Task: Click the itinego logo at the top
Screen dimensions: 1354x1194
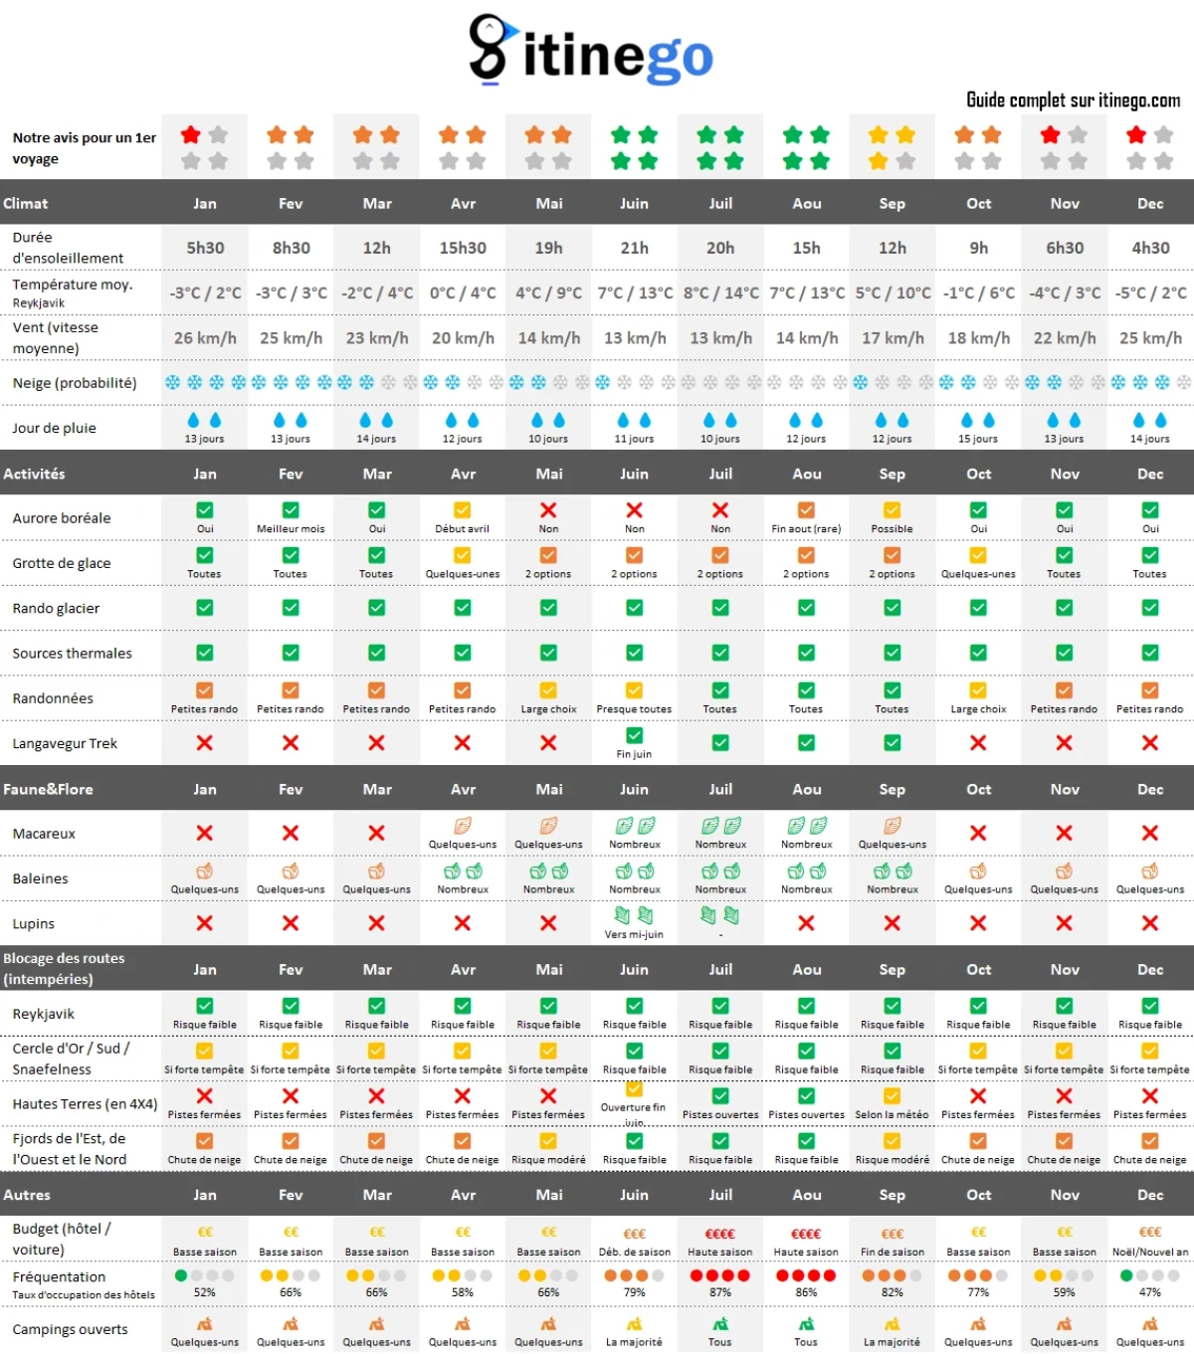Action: coord(591,52)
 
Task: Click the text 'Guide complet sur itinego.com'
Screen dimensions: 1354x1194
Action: coord(1073,99)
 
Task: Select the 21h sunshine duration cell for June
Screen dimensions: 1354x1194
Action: coord(634,248)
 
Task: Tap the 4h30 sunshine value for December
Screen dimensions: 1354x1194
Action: coord(1150,248)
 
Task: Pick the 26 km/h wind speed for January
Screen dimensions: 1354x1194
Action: coord(205,338)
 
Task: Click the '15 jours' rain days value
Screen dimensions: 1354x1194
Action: coord(978,439)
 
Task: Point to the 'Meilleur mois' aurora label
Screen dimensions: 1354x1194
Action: coord(291,529)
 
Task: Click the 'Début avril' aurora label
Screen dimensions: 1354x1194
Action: coord(463,529)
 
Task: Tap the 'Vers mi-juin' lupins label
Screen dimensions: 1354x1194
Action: coord(634,934)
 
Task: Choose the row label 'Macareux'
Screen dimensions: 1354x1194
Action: coord(44,834)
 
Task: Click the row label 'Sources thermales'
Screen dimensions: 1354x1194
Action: coord(72,654)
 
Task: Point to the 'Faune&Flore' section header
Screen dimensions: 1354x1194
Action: coord(48,789)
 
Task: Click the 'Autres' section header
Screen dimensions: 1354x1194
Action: coord(27,1195)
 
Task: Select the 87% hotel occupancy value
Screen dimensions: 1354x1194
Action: coord(720,1292)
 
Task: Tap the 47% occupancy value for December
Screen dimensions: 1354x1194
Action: coord(1150,1292)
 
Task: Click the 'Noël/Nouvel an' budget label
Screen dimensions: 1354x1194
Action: coord(1150,1252)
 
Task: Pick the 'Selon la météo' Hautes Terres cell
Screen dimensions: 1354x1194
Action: coord(893,1114)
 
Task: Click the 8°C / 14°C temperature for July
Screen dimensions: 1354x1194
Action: coord(720,293)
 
